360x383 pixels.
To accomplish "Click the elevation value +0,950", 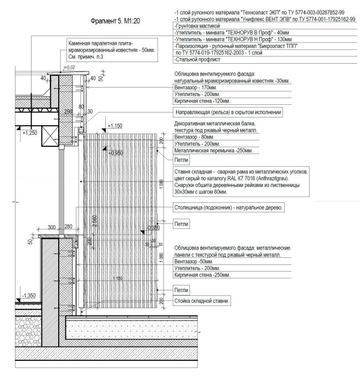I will (116, 153).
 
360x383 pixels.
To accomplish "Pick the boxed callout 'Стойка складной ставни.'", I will (202, 301).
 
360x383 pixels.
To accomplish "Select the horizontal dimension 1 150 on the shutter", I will (117, 278).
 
